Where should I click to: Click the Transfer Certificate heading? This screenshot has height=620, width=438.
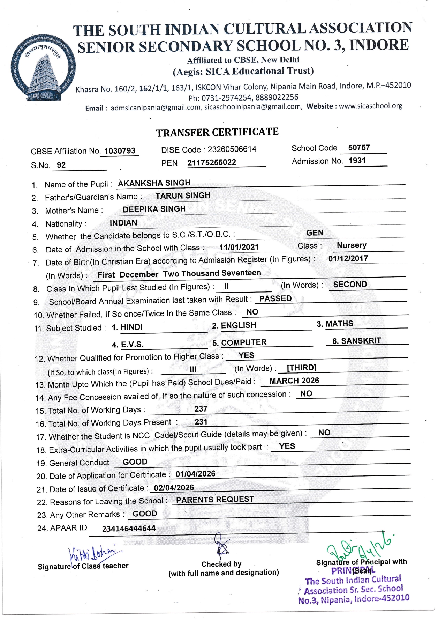pyautogui.click(x=217, y=132)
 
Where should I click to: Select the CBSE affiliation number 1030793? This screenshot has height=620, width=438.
pyautogui.click(x=120, y=151)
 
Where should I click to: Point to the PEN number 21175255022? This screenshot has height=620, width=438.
pyautogui.click(x=212, y=163)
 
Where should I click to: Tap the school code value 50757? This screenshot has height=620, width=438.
pyautogui.click(x=359, y=147)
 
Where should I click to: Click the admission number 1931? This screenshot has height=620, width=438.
pyautogui.click(x=357, y=161)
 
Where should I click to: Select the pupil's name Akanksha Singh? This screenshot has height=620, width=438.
pyautogui.click(x=154, y=183)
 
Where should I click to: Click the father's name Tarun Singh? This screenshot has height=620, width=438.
pyautogui.click(x=183, y=195)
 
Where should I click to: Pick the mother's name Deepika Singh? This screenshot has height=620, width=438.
pyautogui.click(x=154, y=209)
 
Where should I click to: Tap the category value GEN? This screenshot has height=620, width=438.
pyautogui.click(x=315, y=233)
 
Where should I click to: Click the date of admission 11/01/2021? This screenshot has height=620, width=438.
pyautogui.click(x=239, y=247)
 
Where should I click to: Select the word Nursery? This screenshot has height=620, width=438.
pyautogui.click(x=352, y=245)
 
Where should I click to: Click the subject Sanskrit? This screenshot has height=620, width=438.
pyautogui.click(x=356, y=341)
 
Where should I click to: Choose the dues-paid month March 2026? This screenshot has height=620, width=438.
pyautogui.click(x=294, y=381)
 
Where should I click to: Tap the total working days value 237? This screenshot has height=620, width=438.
pyautogui.click(x=201, y=409)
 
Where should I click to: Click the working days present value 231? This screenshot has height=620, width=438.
pyautogui.click(x=201, y=422)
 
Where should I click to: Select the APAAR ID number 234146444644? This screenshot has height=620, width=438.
pyautogui.click(x=129, y=529)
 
